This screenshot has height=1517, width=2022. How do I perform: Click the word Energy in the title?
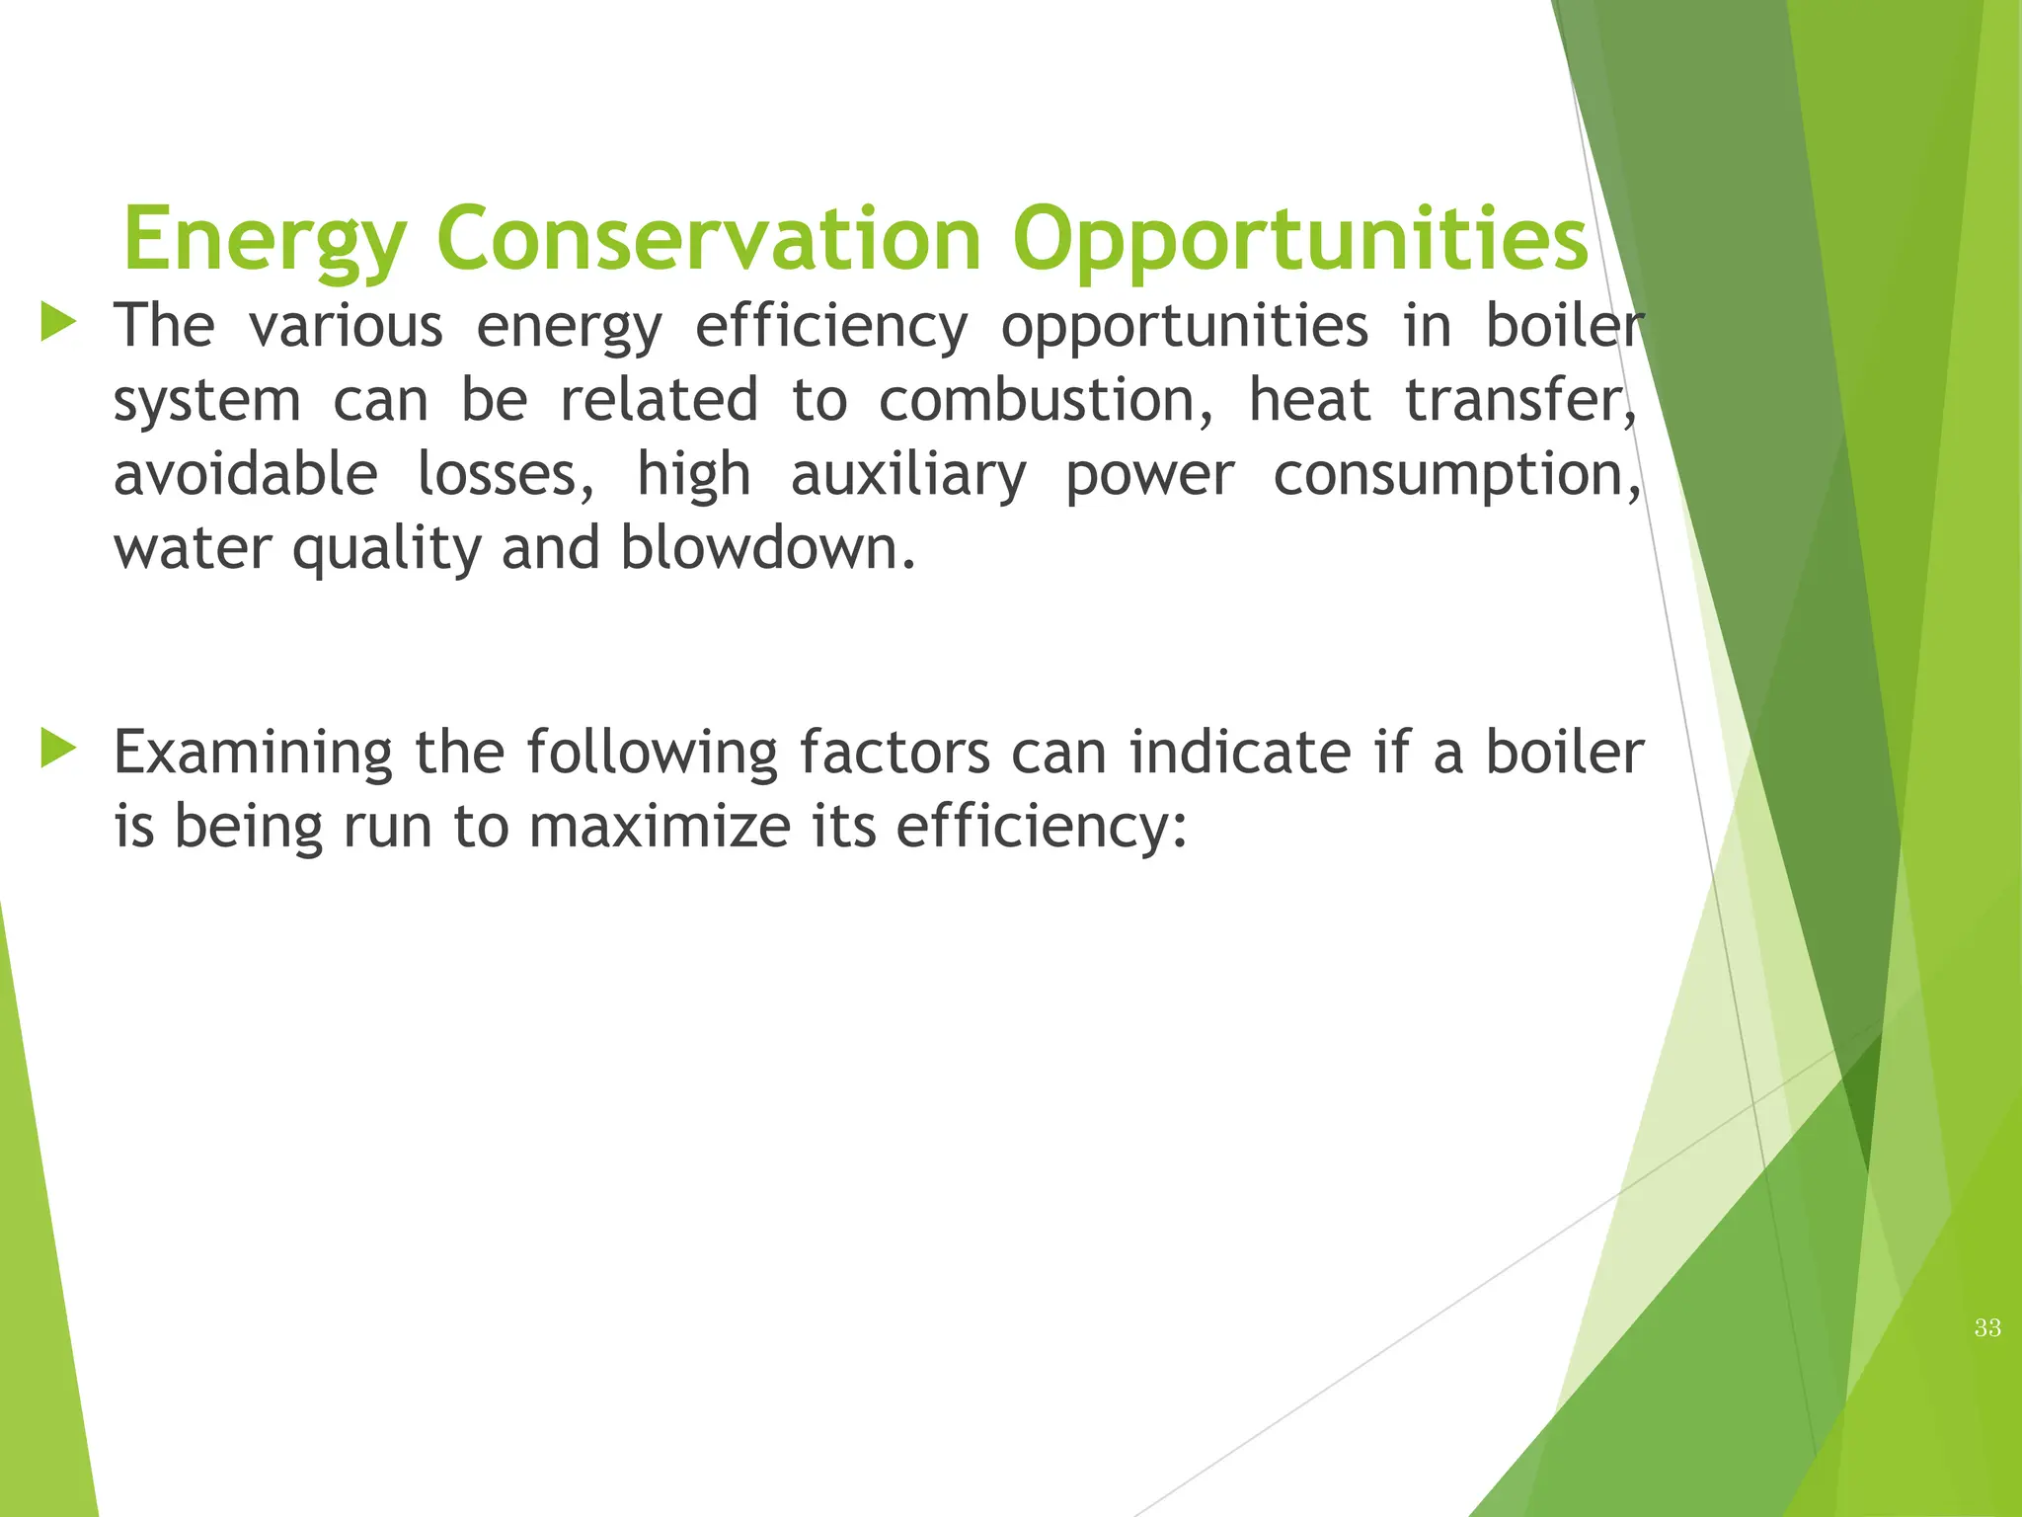265,240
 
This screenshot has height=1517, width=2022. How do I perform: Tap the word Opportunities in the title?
1299,240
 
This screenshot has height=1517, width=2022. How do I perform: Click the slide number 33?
1987,1328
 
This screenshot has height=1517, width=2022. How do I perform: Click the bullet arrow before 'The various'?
58,323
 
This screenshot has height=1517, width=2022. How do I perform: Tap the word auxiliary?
908,475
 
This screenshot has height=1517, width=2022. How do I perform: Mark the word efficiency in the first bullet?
831,327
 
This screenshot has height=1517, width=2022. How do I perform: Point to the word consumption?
1455,475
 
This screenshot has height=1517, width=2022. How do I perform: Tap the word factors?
894,753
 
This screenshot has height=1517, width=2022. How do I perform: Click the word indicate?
1240,753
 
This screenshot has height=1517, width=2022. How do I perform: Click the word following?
652,753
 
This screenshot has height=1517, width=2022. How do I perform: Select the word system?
207,402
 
